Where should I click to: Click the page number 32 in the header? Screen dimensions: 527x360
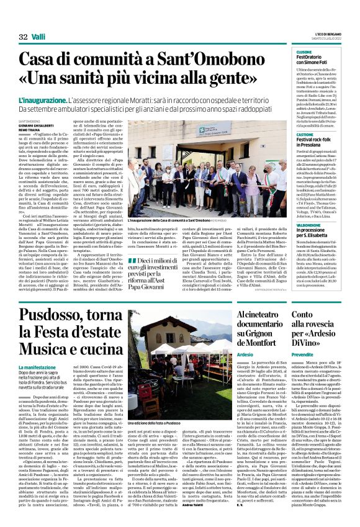click(x=23, y=37)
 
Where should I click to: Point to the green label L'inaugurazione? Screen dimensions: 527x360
click(x=42, y=99)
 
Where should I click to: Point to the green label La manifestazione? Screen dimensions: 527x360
click(x=39, y=368)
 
